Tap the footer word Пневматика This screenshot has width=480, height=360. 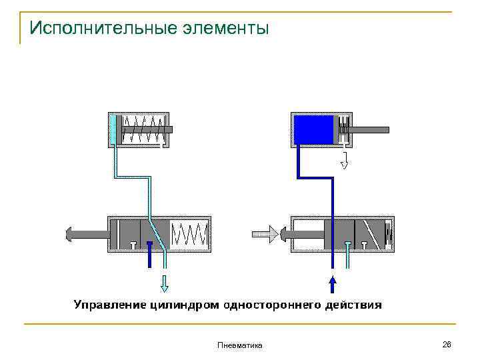click(x=240, y=345)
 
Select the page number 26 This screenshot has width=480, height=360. click(x=447, y=344)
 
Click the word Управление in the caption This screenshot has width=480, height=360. click(x=107, y=305)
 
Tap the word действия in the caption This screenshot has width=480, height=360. click(x=353, y=305)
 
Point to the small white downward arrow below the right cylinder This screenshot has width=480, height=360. click(x=345, y=161)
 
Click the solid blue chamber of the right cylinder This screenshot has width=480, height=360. click(x=314, y=129)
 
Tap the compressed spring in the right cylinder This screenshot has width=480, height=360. click(x=344, y=129)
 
